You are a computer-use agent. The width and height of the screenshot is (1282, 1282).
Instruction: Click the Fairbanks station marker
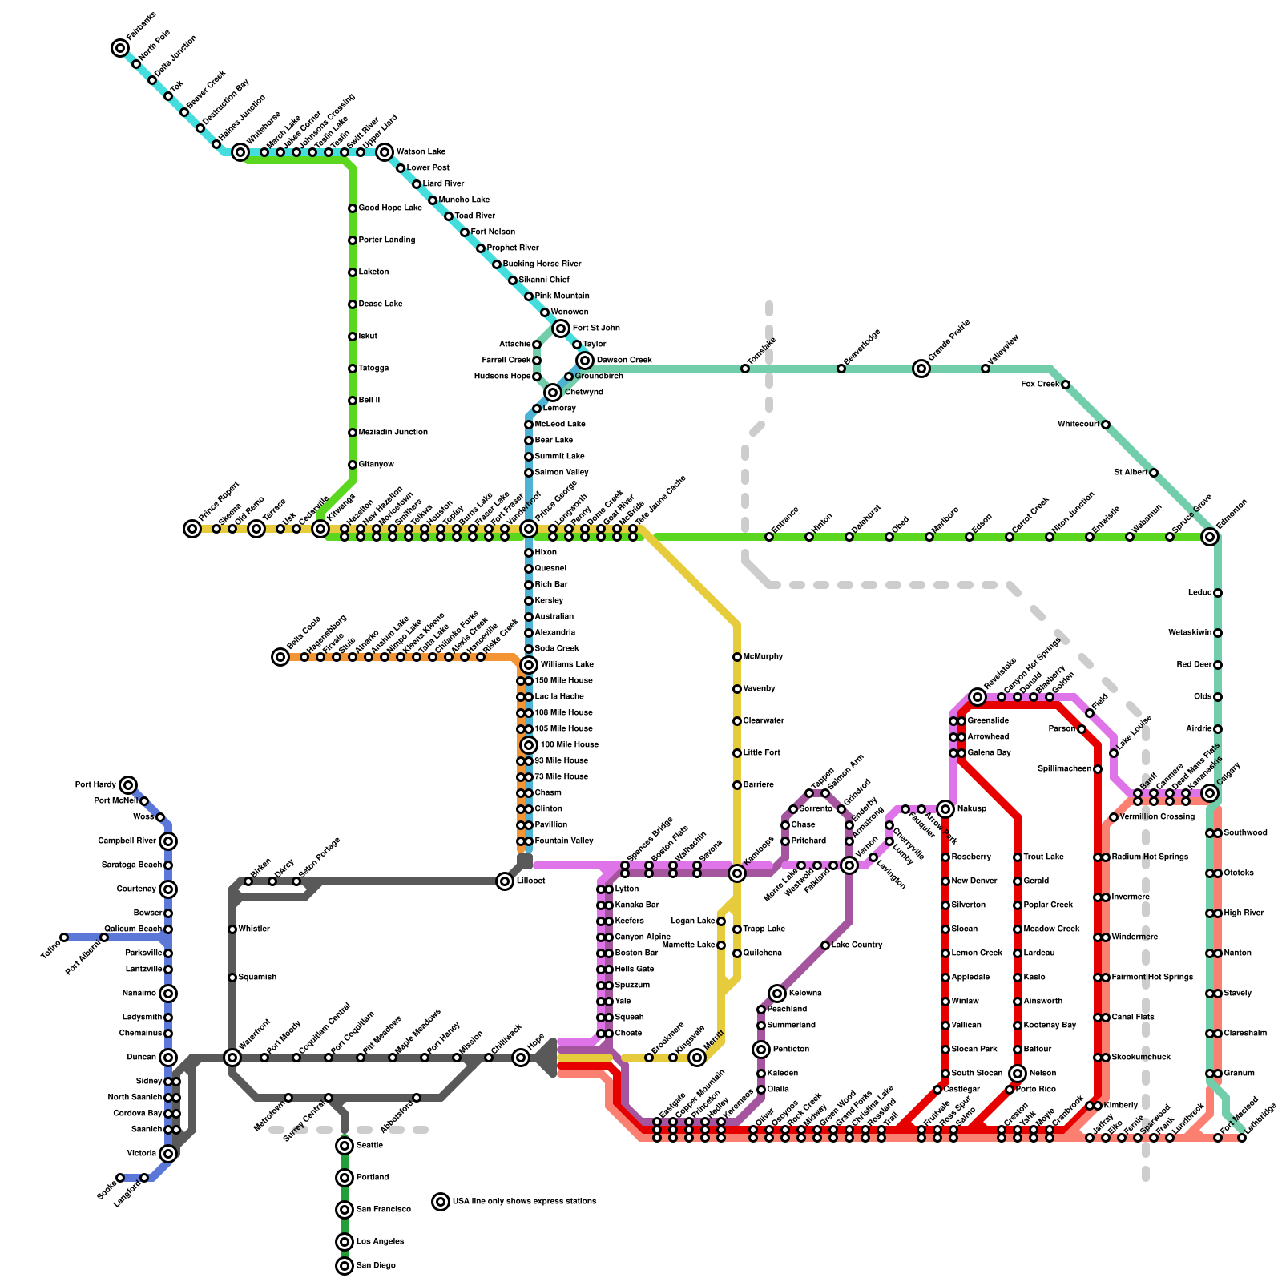coord(120,48)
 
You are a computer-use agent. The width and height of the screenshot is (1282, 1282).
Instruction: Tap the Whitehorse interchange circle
coord(240,152)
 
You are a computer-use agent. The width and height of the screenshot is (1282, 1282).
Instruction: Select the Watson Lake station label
coord(421,152)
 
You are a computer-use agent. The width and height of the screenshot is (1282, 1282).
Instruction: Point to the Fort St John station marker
coord(561,329)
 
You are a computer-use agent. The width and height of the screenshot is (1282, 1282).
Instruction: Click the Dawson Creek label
coord(624,361)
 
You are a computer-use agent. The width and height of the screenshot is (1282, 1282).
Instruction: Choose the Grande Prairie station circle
coord(921,369)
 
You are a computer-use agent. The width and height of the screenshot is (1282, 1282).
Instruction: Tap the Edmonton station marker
coord(1210,537)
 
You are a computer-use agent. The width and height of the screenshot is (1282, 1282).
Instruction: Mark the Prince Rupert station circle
coord(192,529)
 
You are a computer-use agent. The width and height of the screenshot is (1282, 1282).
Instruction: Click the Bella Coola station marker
coord(280,657)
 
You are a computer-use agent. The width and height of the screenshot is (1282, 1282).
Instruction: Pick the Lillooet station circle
coord(505,881)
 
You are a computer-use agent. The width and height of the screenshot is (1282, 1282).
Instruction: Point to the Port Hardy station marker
coord(128,785)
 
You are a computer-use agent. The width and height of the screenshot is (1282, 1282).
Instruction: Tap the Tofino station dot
coord(64,937)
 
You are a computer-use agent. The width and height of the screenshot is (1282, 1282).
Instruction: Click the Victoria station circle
coord(168,1154)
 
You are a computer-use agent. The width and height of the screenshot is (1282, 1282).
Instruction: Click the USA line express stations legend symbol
coord(441,1202)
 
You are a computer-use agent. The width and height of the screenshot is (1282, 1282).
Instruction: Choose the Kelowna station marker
coord(777,994)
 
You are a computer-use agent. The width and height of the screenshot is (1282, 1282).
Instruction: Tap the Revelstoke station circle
coord(978,697)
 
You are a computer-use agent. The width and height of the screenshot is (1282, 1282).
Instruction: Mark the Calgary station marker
coord(1210,793)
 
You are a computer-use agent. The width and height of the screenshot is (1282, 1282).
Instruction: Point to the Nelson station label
coord(1042,1074)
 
